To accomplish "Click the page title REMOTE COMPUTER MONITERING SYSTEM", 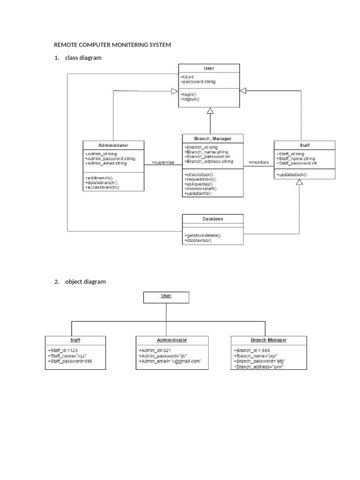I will coord(112,45).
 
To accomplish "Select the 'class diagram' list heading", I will coord(83,58).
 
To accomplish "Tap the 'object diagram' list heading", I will coord(85,282).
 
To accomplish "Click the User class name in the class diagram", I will coord(209,68).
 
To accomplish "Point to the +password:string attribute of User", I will coord(198,82).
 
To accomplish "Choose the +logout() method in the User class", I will coord(190,99).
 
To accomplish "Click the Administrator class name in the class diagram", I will coord(113,145).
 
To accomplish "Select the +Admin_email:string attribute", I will coord(106,163).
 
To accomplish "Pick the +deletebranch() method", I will coord(101,182).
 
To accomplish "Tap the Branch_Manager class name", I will coord(213,138).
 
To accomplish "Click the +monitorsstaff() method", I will coord(201,188).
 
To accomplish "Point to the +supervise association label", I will coord(163,163).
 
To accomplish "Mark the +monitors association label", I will coord(259,162).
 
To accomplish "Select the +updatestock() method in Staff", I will coord(292,174).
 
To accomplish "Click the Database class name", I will coord(213,219).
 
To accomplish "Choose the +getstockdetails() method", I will coord(202,235).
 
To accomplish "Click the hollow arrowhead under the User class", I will coord(210,111).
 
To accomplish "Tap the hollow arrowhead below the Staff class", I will coord(299,182).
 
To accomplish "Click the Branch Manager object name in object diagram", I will coord(269,340).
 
